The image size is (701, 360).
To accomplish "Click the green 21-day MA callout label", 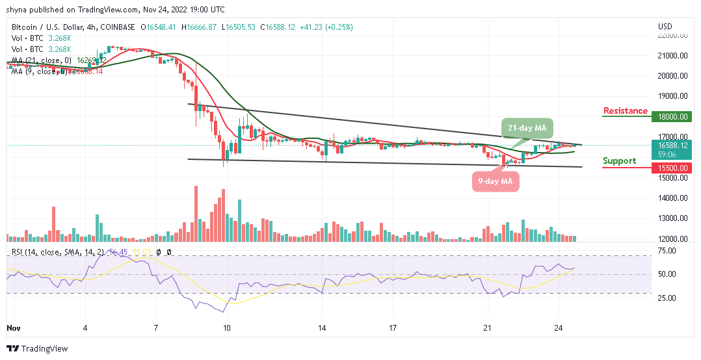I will coord(528,128).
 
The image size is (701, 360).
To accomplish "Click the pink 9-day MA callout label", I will coord(496,182).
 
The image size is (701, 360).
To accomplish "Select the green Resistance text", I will coord(625,111).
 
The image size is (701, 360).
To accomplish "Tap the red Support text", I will coord(619,161).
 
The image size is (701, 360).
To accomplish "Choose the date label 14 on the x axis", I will coord(323,329).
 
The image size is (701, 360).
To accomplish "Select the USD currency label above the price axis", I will coord(665,27).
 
